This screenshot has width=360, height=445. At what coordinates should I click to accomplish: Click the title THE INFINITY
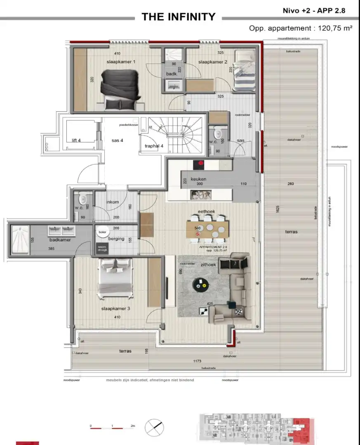(x=178, y=17)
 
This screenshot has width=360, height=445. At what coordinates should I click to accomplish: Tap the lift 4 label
(x=76, y=141)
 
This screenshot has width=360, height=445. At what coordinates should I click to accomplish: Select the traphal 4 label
(x=154, y=146)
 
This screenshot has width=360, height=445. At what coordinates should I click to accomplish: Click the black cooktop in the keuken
(x=200, y=164)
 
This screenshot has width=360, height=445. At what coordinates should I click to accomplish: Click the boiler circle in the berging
(x=101, y=232)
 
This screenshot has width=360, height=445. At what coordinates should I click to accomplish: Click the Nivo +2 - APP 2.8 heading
(x=314, y=11)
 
